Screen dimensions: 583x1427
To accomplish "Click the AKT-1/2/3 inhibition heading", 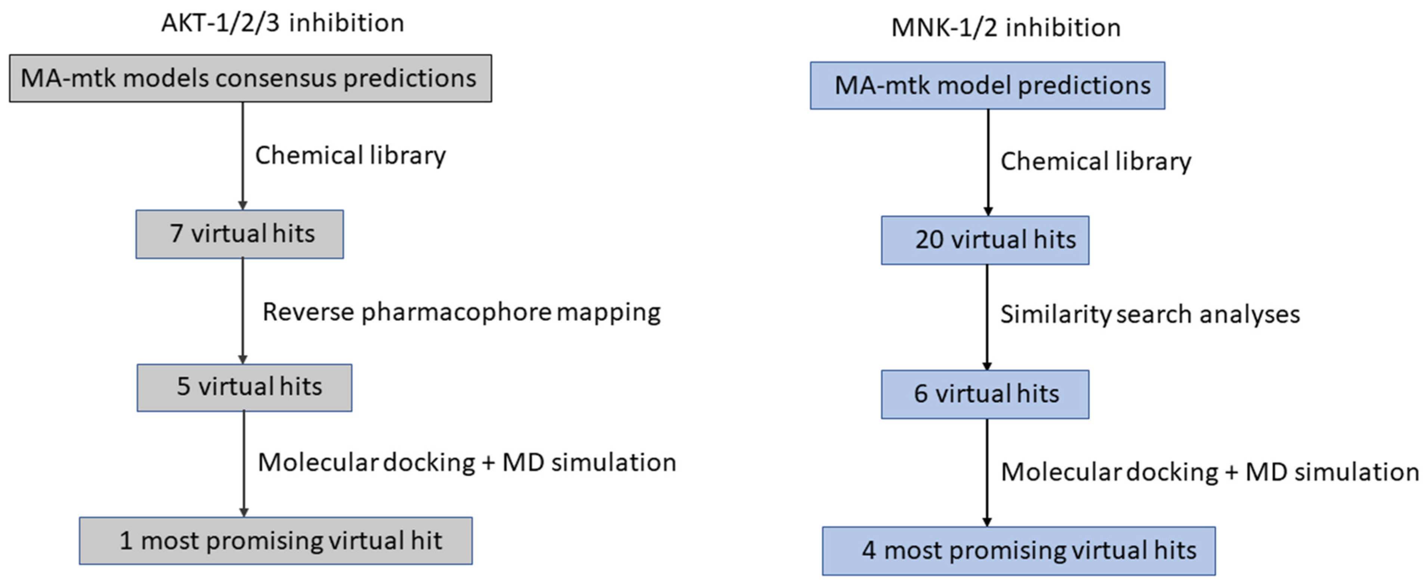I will pyautogui.click(x=282, y=23).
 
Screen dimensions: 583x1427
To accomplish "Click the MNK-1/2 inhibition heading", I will pyautogui.click(x=1006, y=28).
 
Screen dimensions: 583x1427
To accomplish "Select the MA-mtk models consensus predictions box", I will pyautogui.click(x=250, y=78).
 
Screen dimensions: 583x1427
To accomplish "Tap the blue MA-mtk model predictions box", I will pyautogui.click(x=987, y=85).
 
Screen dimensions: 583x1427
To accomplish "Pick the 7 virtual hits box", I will pyautogui.click(x=239, y=234).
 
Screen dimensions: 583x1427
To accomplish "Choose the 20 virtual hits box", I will pyautogui.click(x=985, y=240).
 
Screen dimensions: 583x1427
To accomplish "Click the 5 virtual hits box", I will pyautogui.click(x=244, y=387).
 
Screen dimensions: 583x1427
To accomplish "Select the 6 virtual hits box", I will pyautogui.click(x=985, y=394).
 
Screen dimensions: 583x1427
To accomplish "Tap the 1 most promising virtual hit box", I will pyautogui.click(x=275, y=541).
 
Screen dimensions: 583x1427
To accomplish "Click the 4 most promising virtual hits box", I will pyautogui.click(x=1018, y=551).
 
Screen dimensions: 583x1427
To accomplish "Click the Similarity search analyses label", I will pyautogui.click(x=1149, y=314).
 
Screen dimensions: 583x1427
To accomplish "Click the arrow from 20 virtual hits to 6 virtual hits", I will pyautogui.click(x=986, y=317).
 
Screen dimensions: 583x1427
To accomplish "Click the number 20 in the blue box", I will pyautogui.click(x=929, y=240).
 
